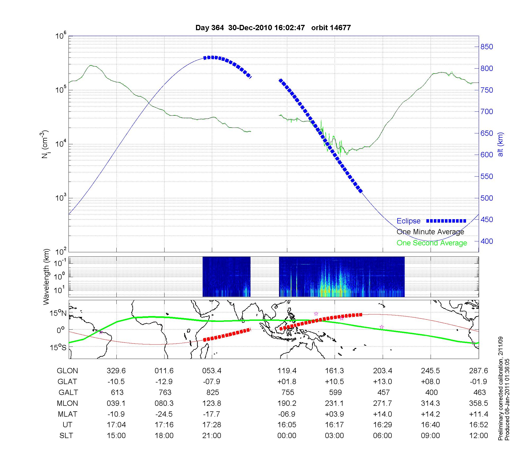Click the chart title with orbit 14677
(x=273, y=28)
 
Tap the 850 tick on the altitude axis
(x=487, y=47)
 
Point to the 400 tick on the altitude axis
(x=487, y=241)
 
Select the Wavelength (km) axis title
(x=46, y=277)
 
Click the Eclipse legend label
(x=408, y=221)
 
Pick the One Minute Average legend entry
(x=430, y=232)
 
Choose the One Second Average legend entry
(x=432, y=243)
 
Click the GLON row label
(x=67, y=371)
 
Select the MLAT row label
(x=67, y=414)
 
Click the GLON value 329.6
(x=116, y=371)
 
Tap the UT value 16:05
(x=287, y=425)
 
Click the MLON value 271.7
(x=382, y=403)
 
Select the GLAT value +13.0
(x=382, y=382)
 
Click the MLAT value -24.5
(x=164, y=414)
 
